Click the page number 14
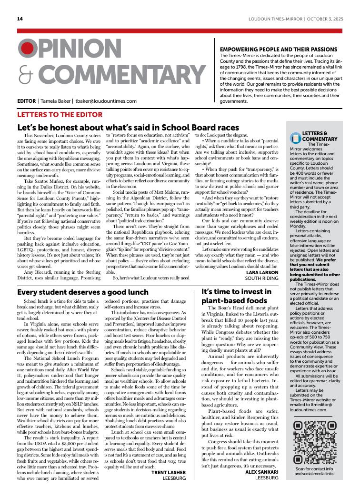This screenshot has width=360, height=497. [x=20, y=19]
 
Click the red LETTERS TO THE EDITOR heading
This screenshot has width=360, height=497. [x=60, y=115]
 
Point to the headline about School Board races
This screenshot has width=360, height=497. [x=128, y=128]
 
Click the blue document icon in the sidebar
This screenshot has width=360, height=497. [x=296, y=138]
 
